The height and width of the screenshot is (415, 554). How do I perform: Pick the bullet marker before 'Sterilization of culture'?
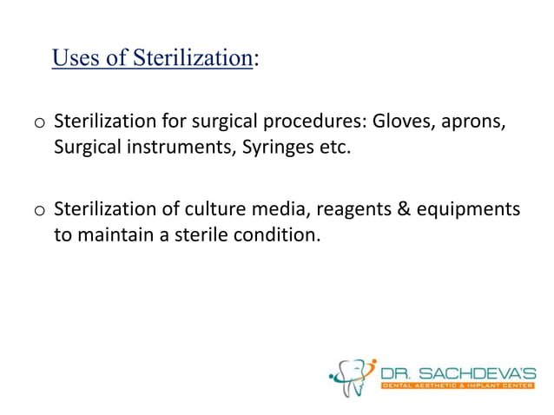(39, 210)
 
